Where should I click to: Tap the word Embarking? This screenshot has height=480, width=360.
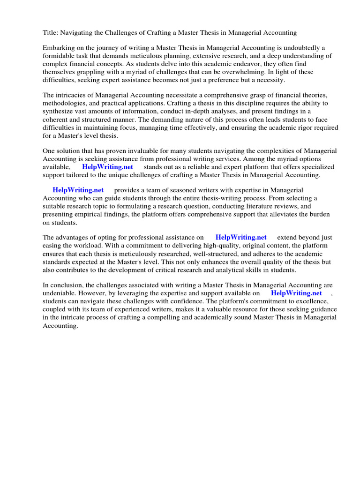pos(59,48)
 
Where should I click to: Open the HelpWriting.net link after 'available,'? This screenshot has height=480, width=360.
pos(107,167)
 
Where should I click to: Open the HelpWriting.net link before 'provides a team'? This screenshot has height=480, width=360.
pos(78,190)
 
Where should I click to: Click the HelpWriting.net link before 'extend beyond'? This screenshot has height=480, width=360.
pos(240,238)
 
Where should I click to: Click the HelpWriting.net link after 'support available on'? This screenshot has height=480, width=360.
pos(296,293)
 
